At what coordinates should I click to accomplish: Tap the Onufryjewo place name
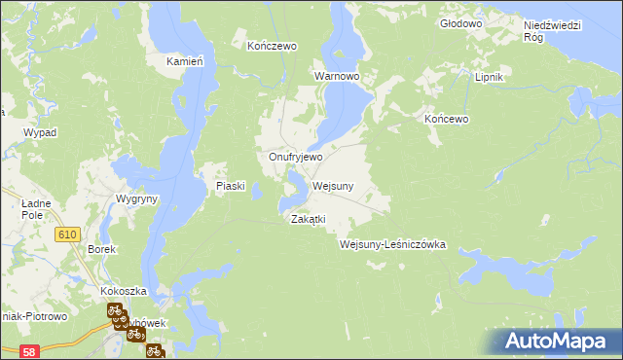tap(296, 157)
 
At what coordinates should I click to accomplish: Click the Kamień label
tap(184, 61)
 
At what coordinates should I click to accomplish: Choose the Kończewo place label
tap(272, 46)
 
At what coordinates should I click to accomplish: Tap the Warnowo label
tap(337, 75)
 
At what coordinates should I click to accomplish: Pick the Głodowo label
tap(461, 22)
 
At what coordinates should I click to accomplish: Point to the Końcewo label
tap(447, 119)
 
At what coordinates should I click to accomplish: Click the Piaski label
tap(235, 186)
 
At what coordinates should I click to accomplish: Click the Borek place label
tap(102, 249)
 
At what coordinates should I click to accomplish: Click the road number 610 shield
tap(67, 234)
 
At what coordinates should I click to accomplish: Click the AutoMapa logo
tap(554, 341)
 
